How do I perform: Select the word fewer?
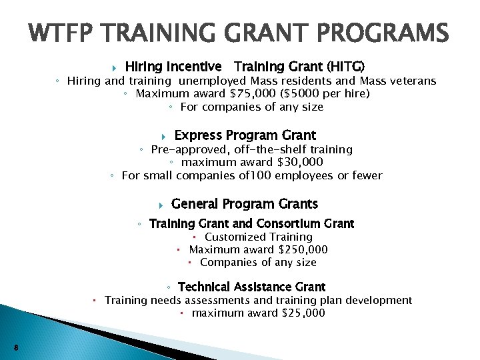366,175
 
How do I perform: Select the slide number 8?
16,347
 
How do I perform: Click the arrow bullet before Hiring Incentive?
115,67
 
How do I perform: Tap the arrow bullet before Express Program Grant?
163,136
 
